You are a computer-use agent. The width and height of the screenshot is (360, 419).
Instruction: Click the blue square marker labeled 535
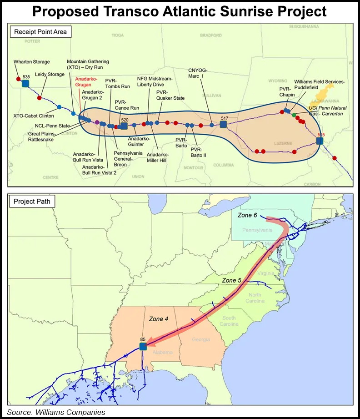pos(25,83)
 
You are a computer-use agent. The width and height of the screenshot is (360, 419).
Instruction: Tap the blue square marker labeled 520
pos(124,126)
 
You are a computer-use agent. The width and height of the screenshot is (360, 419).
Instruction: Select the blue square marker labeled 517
pos(223,124)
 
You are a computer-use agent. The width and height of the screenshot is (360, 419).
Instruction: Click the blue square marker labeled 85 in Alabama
pos(143,346)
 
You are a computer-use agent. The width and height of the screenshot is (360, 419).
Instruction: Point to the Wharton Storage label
pos(32,62)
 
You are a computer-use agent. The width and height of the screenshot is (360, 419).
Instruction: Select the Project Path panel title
pos(31,202)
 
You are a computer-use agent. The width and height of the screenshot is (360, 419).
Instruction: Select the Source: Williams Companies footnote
pos(56,412)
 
